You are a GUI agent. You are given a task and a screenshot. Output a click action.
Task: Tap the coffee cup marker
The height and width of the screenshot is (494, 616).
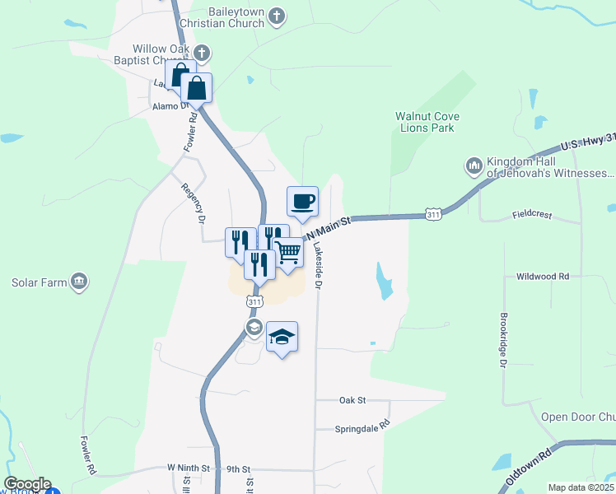(302, 201)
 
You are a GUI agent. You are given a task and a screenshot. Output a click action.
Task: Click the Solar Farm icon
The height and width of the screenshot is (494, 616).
(79, 282)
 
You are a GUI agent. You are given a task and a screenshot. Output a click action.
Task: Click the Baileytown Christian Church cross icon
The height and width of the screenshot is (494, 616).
(277, 16)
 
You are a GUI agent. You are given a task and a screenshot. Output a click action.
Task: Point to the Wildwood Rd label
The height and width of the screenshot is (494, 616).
(541, 277)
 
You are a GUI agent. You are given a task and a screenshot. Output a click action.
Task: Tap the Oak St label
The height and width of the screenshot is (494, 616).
(352, 400)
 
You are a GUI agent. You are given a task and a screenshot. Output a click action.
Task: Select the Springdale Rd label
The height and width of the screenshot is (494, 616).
(362, 429)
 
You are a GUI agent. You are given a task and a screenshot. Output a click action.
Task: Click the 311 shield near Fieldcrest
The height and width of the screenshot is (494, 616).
(434, 214)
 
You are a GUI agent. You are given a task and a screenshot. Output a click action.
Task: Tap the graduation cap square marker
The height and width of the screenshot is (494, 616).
(282, 337)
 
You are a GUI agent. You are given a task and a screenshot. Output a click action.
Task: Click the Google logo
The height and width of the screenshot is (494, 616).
(26, 484)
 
